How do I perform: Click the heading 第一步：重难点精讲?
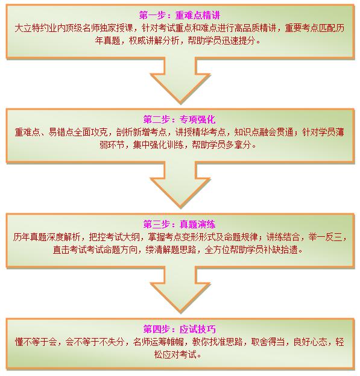pyautogui.click(x=180, y=15)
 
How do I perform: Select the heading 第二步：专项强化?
pyautogui.click(x=180, y=119)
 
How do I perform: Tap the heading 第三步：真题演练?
pyautogui.click(x=180, y=224)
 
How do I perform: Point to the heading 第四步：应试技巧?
pyautogui.click(x=180, y=329)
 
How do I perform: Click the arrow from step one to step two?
pyautogui.click(x=180, y=80)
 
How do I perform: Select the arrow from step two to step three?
pyautogui.click(x=180, y=184)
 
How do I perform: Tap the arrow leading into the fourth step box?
pyautogui.click(x=180, y=289)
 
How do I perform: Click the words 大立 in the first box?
pyautogui.click(x=23, y=28)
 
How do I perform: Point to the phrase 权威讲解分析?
pyautogui.click(x=154, y=40)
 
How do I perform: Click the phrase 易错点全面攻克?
pyautogui.click(x=78, y=132)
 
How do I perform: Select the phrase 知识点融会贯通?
pyautogui.click(x=264, y=132)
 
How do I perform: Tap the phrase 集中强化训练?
pyautogui.click(x=158, y=145)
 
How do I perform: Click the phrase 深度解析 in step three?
pyautogui.click(x=63, y=237)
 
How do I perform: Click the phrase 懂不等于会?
pyautogui.click(x=36, y=342)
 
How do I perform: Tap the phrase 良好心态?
pyautogui.click(x=310, y=342)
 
